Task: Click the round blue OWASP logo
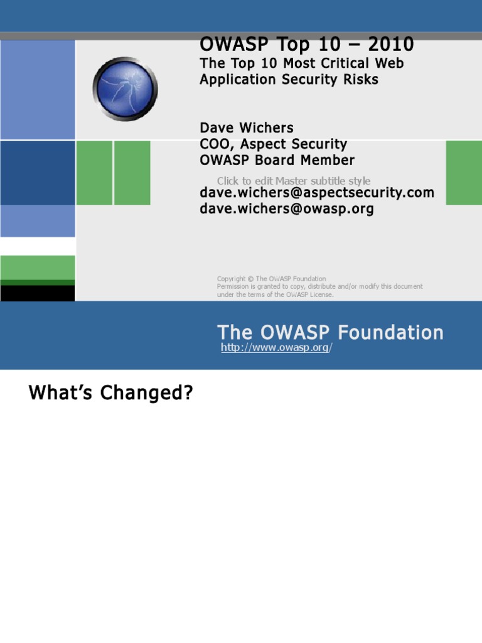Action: [x=125, y=89]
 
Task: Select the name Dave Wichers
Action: [x=247, y=128]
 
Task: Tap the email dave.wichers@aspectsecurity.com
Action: [x=317, y=193]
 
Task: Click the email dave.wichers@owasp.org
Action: [x=287, y=209]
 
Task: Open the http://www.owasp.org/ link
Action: [x=276, y=348]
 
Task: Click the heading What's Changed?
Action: [x=111, y=394]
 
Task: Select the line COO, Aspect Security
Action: [x=274, y=144]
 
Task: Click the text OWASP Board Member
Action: [x=277, y=160]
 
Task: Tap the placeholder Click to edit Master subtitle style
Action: [x=294, y=181]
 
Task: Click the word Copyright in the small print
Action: [x=231, y=279]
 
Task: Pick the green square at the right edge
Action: [x=464, y=173]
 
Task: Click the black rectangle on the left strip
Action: [x=38, y=293]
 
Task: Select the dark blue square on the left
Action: [x=38, y=173]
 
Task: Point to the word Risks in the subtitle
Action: [x=360, y=80]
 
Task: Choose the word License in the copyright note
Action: [x=320, y=294]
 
